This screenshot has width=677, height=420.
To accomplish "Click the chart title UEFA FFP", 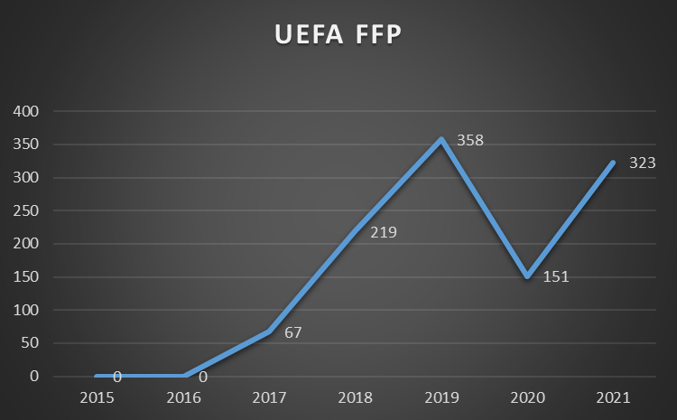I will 338,36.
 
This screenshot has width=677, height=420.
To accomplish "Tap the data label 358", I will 469,141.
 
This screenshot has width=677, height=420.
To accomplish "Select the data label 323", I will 642,163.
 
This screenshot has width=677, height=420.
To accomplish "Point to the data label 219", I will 384,232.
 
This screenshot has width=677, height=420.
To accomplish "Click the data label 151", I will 556,275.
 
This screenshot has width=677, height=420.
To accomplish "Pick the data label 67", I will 292,332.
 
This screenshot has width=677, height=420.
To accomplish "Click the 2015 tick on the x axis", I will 97,397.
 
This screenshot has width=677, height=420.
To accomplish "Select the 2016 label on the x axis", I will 184,397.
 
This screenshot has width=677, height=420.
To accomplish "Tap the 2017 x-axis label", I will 270,397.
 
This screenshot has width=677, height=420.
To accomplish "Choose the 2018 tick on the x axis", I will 356,397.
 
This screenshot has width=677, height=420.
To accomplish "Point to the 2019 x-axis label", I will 441,397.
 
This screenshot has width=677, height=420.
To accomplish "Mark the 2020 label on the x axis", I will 527,397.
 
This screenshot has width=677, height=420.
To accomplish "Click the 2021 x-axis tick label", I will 614,397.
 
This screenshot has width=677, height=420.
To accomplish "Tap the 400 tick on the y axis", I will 27,111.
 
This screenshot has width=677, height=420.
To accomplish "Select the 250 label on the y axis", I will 27,210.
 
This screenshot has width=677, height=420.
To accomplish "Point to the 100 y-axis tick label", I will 27,310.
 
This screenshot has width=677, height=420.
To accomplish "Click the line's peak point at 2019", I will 441,139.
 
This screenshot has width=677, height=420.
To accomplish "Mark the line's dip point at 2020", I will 527,276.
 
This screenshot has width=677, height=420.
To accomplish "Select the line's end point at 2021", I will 614,163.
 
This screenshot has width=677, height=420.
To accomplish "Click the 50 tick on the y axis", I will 31,343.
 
